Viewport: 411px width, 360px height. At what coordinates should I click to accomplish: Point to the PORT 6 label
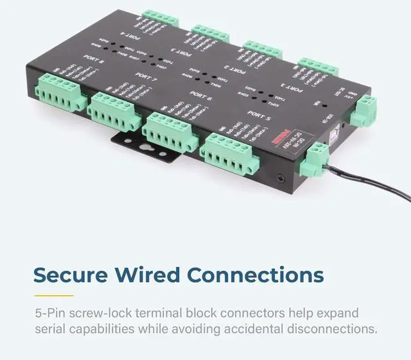pos(201,97)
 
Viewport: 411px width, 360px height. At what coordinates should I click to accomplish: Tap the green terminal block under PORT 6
pos(168,131)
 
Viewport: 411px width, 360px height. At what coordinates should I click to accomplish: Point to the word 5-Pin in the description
pos(53,314)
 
